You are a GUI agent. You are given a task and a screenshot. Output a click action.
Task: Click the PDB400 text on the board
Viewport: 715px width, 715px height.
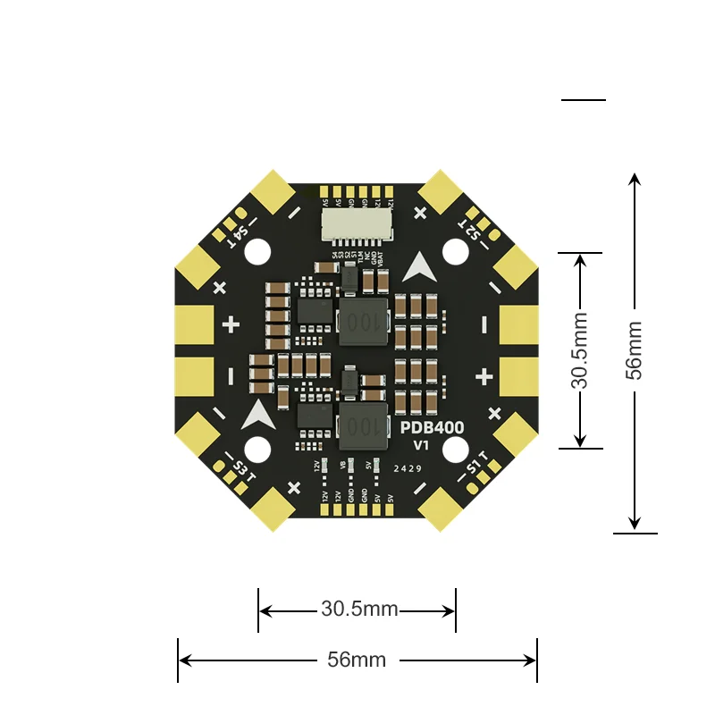[432, 429]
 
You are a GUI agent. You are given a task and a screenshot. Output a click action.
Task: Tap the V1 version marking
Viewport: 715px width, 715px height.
[422, 445]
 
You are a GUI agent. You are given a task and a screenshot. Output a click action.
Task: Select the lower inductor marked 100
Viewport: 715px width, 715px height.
[363, 425]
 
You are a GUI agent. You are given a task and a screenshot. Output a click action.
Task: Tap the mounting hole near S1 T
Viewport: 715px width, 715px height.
[456, 450]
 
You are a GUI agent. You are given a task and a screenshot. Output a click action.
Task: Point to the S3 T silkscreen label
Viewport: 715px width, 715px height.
[242, 468]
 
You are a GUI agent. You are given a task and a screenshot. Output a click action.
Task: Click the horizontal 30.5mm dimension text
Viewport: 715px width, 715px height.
[359, 610]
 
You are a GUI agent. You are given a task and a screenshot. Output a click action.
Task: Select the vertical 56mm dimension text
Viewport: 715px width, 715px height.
[634, 350]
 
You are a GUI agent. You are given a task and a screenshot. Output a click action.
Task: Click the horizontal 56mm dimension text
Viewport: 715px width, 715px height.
[357, 660]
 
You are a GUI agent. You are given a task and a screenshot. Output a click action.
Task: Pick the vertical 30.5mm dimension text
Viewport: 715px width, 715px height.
[580, 349]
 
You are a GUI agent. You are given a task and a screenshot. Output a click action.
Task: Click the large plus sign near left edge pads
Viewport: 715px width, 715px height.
[231, 324]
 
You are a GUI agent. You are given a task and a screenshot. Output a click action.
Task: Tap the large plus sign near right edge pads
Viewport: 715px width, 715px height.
[484, 376]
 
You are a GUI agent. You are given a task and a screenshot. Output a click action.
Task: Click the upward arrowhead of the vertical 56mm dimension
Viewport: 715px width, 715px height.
[635, 180]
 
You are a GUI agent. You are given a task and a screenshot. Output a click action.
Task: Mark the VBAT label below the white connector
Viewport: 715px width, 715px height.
[382, 259]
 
